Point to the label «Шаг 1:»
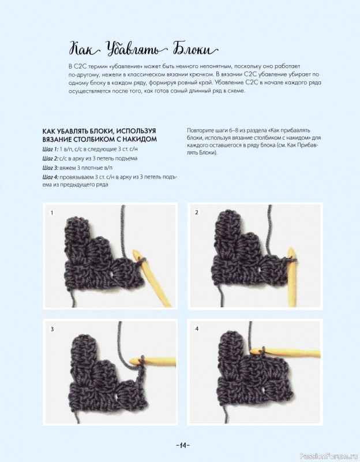click(50, 149)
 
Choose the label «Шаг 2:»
click(50, 158)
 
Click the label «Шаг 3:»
click(50, 168)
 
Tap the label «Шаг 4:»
click(50, 177)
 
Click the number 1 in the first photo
click(52, 213)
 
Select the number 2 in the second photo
click(197, 213)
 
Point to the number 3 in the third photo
click(52, 329)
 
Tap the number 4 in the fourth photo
click(197, 329)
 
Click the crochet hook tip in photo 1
click(136, 251)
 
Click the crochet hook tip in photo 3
click(132, 361)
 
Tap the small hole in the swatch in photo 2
click(257, 270)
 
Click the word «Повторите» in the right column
click(198, 131)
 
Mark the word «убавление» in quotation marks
click(127, 66)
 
